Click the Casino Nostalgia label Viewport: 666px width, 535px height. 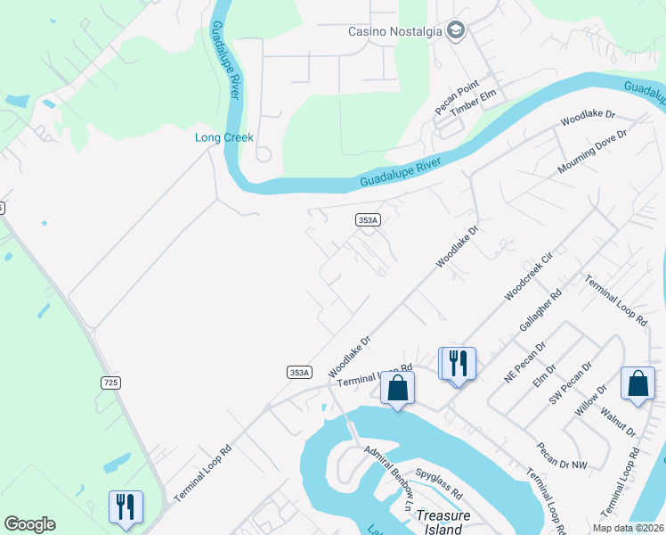click(394, 32)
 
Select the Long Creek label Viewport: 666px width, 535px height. click(224, 137)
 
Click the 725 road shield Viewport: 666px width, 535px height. click(110, 383)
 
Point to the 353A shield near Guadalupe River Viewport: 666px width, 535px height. click(368, 219)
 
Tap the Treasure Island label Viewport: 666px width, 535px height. click(442, 523)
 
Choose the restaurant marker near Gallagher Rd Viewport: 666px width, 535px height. click(458, 363)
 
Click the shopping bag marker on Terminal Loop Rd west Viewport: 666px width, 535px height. click(398, 388)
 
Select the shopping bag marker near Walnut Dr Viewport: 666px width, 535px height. click(638, 383)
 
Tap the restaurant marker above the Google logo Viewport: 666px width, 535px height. click(126, 506)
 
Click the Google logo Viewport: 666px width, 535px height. click(29, 524)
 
